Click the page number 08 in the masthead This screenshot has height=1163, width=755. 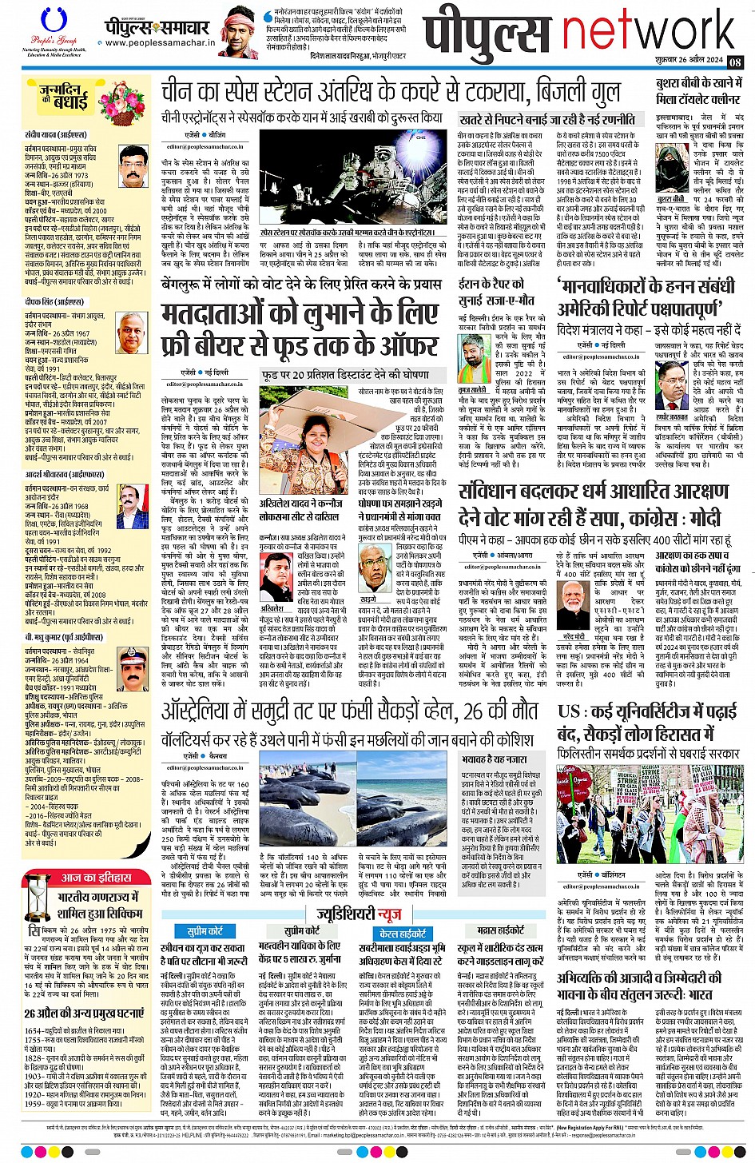(x=735, y=62)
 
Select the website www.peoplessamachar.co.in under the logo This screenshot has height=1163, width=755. (x=157, y=45)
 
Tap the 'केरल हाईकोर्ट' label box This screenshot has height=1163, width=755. (x=403, y=933)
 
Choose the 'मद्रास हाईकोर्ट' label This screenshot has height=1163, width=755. (x=500, y=930)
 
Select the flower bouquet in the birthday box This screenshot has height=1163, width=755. (x=121, y=103)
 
